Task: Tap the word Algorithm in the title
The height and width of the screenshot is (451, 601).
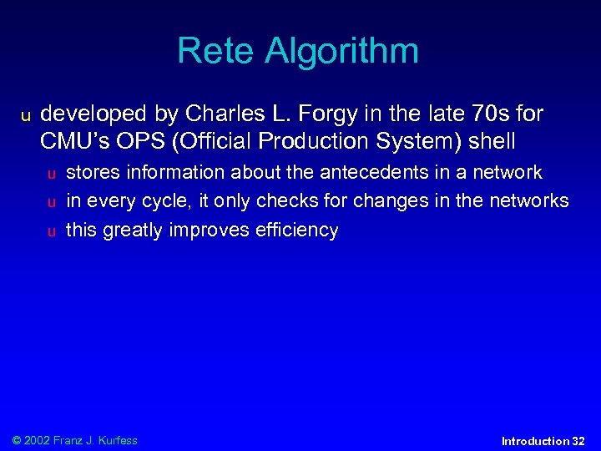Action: pos(342,53)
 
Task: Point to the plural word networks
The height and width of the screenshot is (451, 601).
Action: pos(528,201)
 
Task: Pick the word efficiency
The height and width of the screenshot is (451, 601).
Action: pos(295,231)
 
